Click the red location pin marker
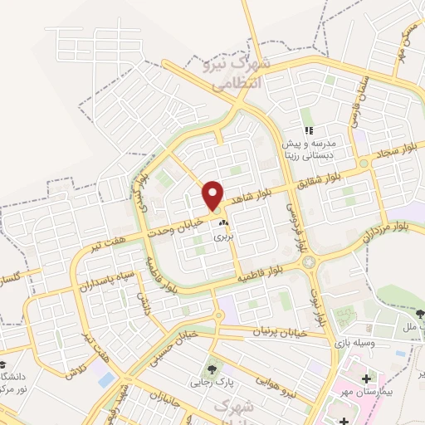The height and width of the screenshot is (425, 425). (x=214, y=196)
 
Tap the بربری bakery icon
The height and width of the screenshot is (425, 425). (x=222, y=223)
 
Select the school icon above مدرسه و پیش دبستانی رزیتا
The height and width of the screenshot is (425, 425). (x=309, y=129)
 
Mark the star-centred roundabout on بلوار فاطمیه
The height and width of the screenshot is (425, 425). (x=309, y=262)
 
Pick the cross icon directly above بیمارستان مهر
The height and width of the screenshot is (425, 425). (x=367, y=379)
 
